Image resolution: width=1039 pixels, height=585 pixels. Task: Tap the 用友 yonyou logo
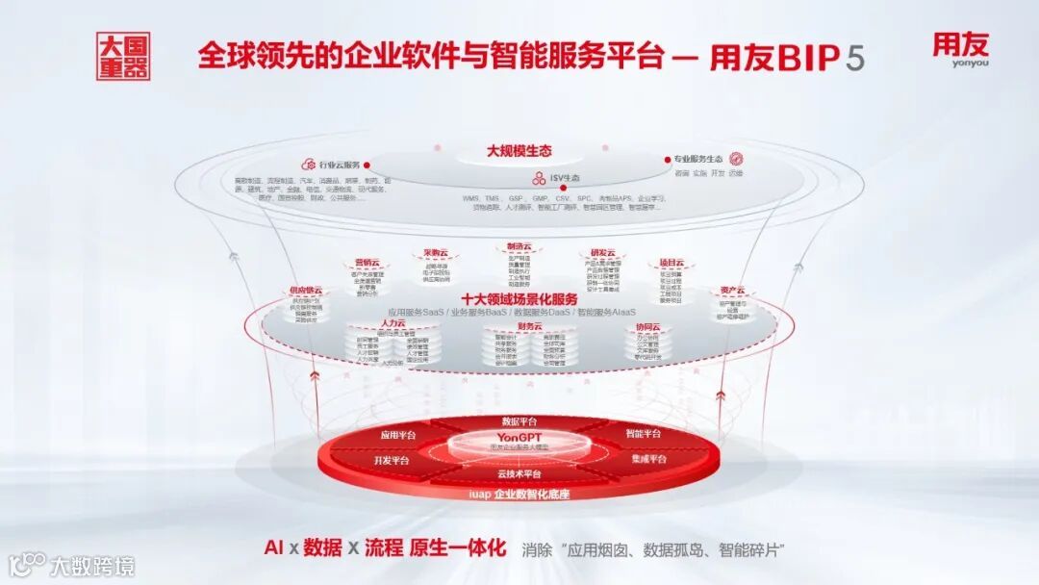tap(960, 50)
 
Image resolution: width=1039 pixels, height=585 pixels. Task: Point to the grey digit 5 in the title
tap(854, 58)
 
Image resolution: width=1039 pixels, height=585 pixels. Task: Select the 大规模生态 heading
tap(519, 151)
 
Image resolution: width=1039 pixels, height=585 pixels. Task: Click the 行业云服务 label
tap(339, 165)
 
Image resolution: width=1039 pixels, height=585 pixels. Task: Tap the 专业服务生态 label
tap(697, 159)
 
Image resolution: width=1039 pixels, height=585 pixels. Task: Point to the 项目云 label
tap(671, 263)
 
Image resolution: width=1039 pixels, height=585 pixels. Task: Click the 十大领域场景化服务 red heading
tap(519, 298)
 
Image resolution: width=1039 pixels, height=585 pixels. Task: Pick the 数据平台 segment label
tap(520, 421)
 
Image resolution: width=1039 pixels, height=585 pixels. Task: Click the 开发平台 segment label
tap(389, 461)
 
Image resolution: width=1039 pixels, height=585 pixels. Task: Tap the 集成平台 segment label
tap(650, 459)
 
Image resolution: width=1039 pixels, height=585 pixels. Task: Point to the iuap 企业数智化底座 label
tap(519, 495)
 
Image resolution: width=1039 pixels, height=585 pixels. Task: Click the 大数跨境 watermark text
tap(92, 566)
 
